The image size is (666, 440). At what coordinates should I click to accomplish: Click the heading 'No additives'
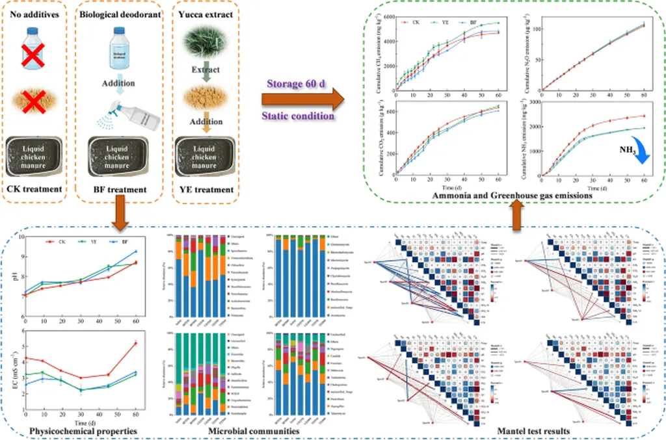37,12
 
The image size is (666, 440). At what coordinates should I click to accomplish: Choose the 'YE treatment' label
205,190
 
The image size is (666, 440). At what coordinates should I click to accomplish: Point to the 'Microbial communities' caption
253,430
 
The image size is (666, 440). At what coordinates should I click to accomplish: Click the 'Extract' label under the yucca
205,70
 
